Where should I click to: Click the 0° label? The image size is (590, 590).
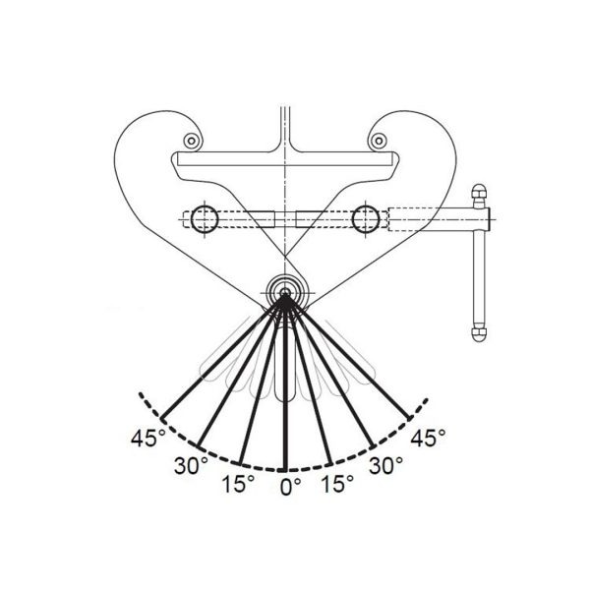(x=289, y=486)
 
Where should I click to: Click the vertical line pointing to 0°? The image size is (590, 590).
(x=285, y=393)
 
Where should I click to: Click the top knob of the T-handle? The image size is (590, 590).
(x=480, y=191)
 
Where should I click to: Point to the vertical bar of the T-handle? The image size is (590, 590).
(x=480, y=265)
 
